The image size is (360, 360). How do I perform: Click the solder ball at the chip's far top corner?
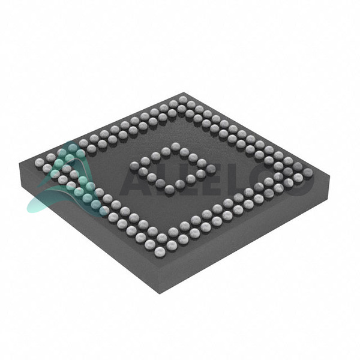pyautogui.click(x=183, y=100)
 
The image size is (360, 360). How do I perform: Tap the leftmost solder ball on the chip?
pyautogui.click(x=39, y=162)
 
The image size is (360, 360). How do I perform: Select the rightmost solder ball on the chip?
pyautogui.click(x=308, y=172)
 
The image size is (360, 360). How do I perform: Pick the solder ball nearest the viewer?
pyautogui.click(x=160, y=251)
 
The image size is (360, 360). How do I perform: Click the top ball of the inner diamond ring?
pyautogui.click(x=175, y=146)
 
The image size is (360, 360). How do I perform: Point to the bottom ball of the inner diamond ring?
pyautogui.click(x=170, y=189)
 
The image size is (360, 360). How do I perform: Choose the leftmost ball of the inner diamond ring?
pyautogui.click(x=134, y=166)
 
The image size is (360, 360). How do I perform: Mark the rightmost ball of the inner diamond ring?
pyautogui.click(x=211, y=169)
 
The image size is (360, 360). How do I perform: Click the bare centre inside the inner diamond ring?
pyautogui.click(x=173, y=167)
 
